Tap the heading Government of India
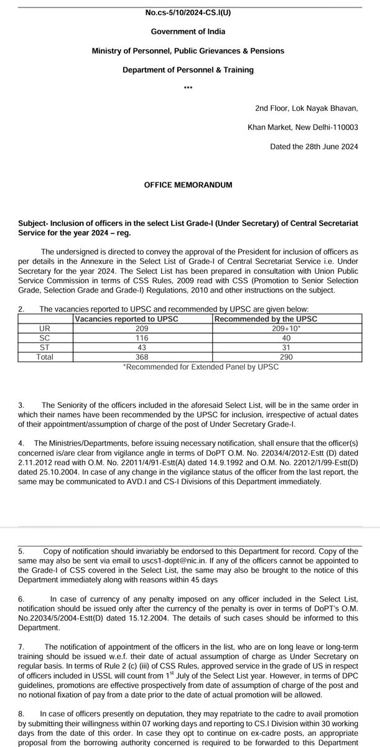point(189,31)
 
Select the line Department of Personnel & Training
point(189,70)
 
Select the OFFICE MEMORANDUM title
point(189,185)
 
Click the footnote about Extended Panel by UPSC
point(202,367)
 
